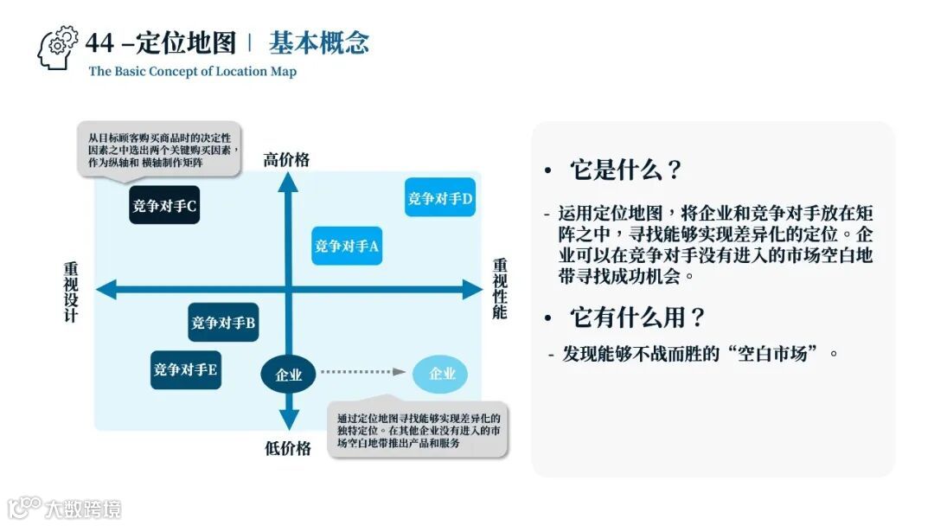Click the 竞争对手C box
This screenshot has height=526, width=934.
click(x=164, y=206)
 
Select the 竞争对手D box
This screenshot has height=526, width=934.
click(x=440, y=197)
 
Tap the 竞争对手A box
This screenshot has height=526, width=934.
click(x=347, y=246)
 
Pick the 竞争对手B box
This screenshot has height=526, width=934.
click(x=223, y=323)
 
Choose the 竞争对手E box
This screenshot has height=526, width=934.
click(x=186, y=369)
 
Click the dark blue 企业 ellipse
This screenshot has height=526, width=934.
click(x=289, y=375)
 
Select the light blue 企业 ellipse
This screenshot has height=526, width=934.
click(x=441, y=374)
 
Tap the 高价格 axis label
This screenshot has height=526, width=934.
click(x=287, y=159)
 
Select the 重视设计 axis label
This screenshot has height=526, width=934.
click(x=71, y=292)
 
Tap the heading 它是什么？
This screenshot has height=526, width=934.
click(x=626, y=170)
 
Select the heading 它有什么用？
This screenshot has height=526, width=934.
click(x=637, y=318)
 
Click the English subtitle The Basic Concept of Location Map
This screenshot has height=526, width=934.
click(x=192, y=72)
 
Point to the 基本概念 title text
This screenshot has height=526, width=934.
click(x=319, y=42)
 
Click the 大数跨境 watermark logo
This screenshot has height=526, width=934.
click(x=65, y=507)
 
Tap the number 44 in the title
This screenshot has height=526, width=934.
click(x=99, y=42)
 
